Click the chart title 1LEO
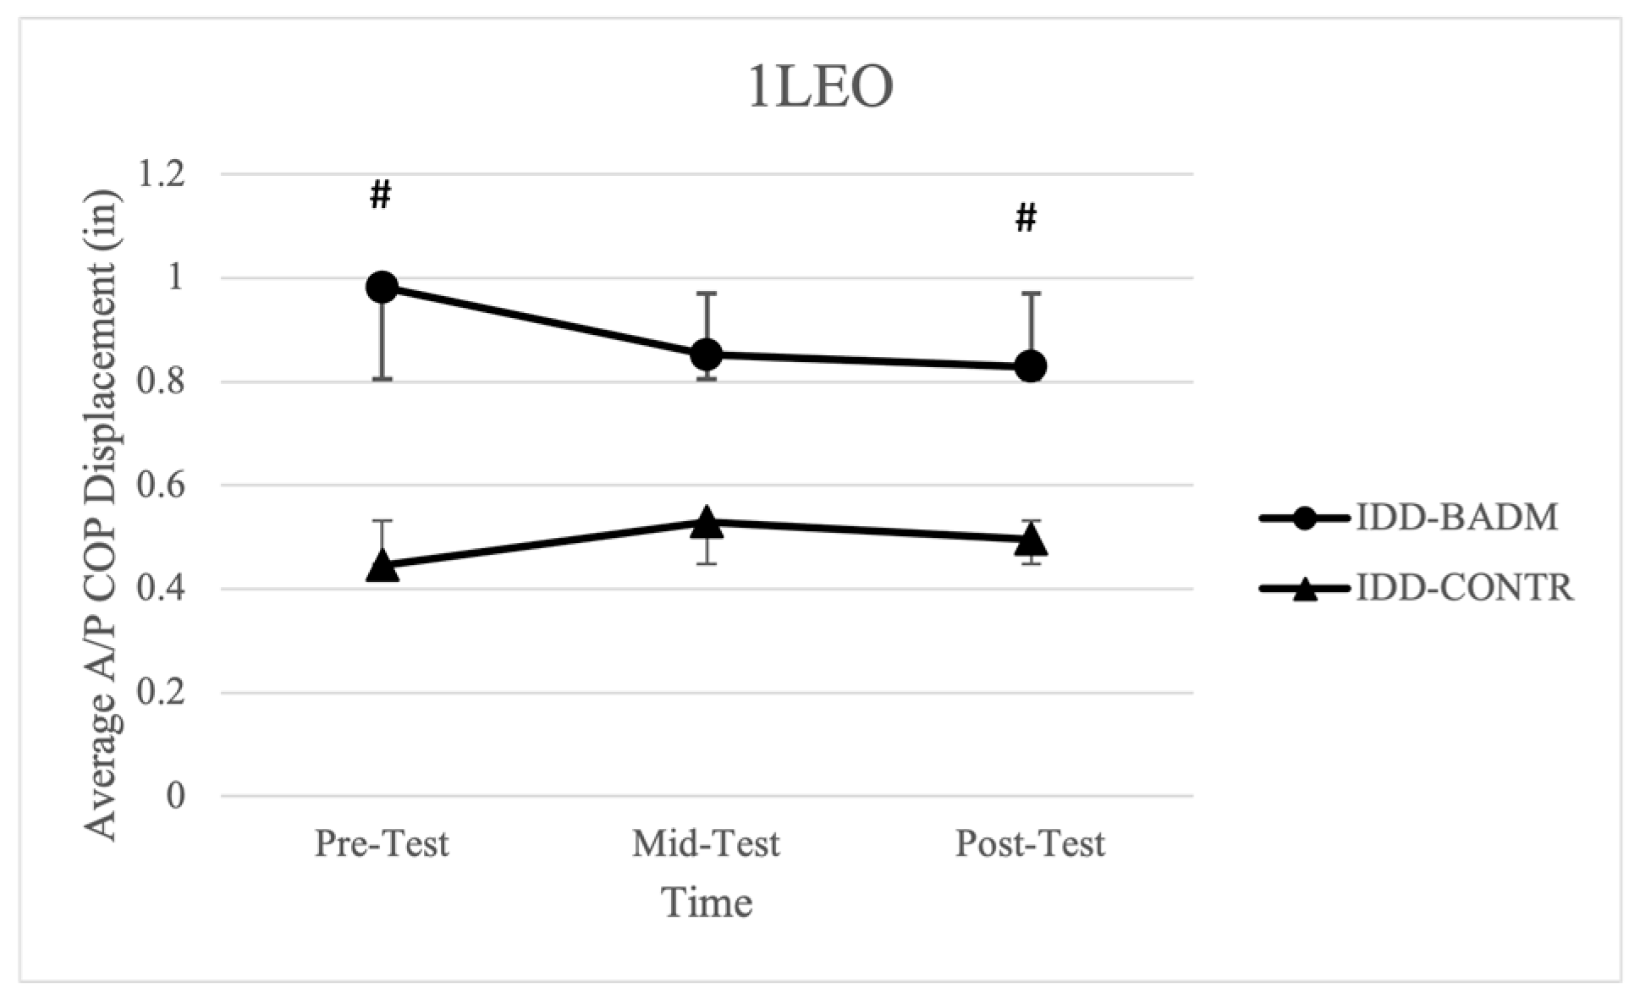pos(820,88)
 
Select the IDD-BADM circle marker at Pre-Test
pos(382,287)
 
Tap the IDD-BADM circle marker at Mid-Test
pos(707,354)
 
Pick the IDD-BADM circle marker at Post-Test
pos(1031,366)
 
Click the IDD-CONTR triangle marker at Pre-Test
pos(382,566)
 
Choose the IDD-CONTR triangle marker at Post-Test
pos(1031,539)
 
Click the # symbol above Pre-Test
pos(381,196)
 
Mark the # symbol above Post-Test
pos(1026,219)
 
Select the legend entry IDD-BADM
pos(1456,518)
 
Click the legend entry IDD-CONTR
pos(1464,588)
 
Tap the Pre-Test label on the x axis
pos(382,844)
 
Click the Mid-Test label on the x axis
pos(707,844)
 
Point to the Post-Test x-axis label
pos(1031,844)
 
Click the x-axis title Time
pos(707,903)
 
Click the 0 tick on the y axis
pos(175,797)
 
